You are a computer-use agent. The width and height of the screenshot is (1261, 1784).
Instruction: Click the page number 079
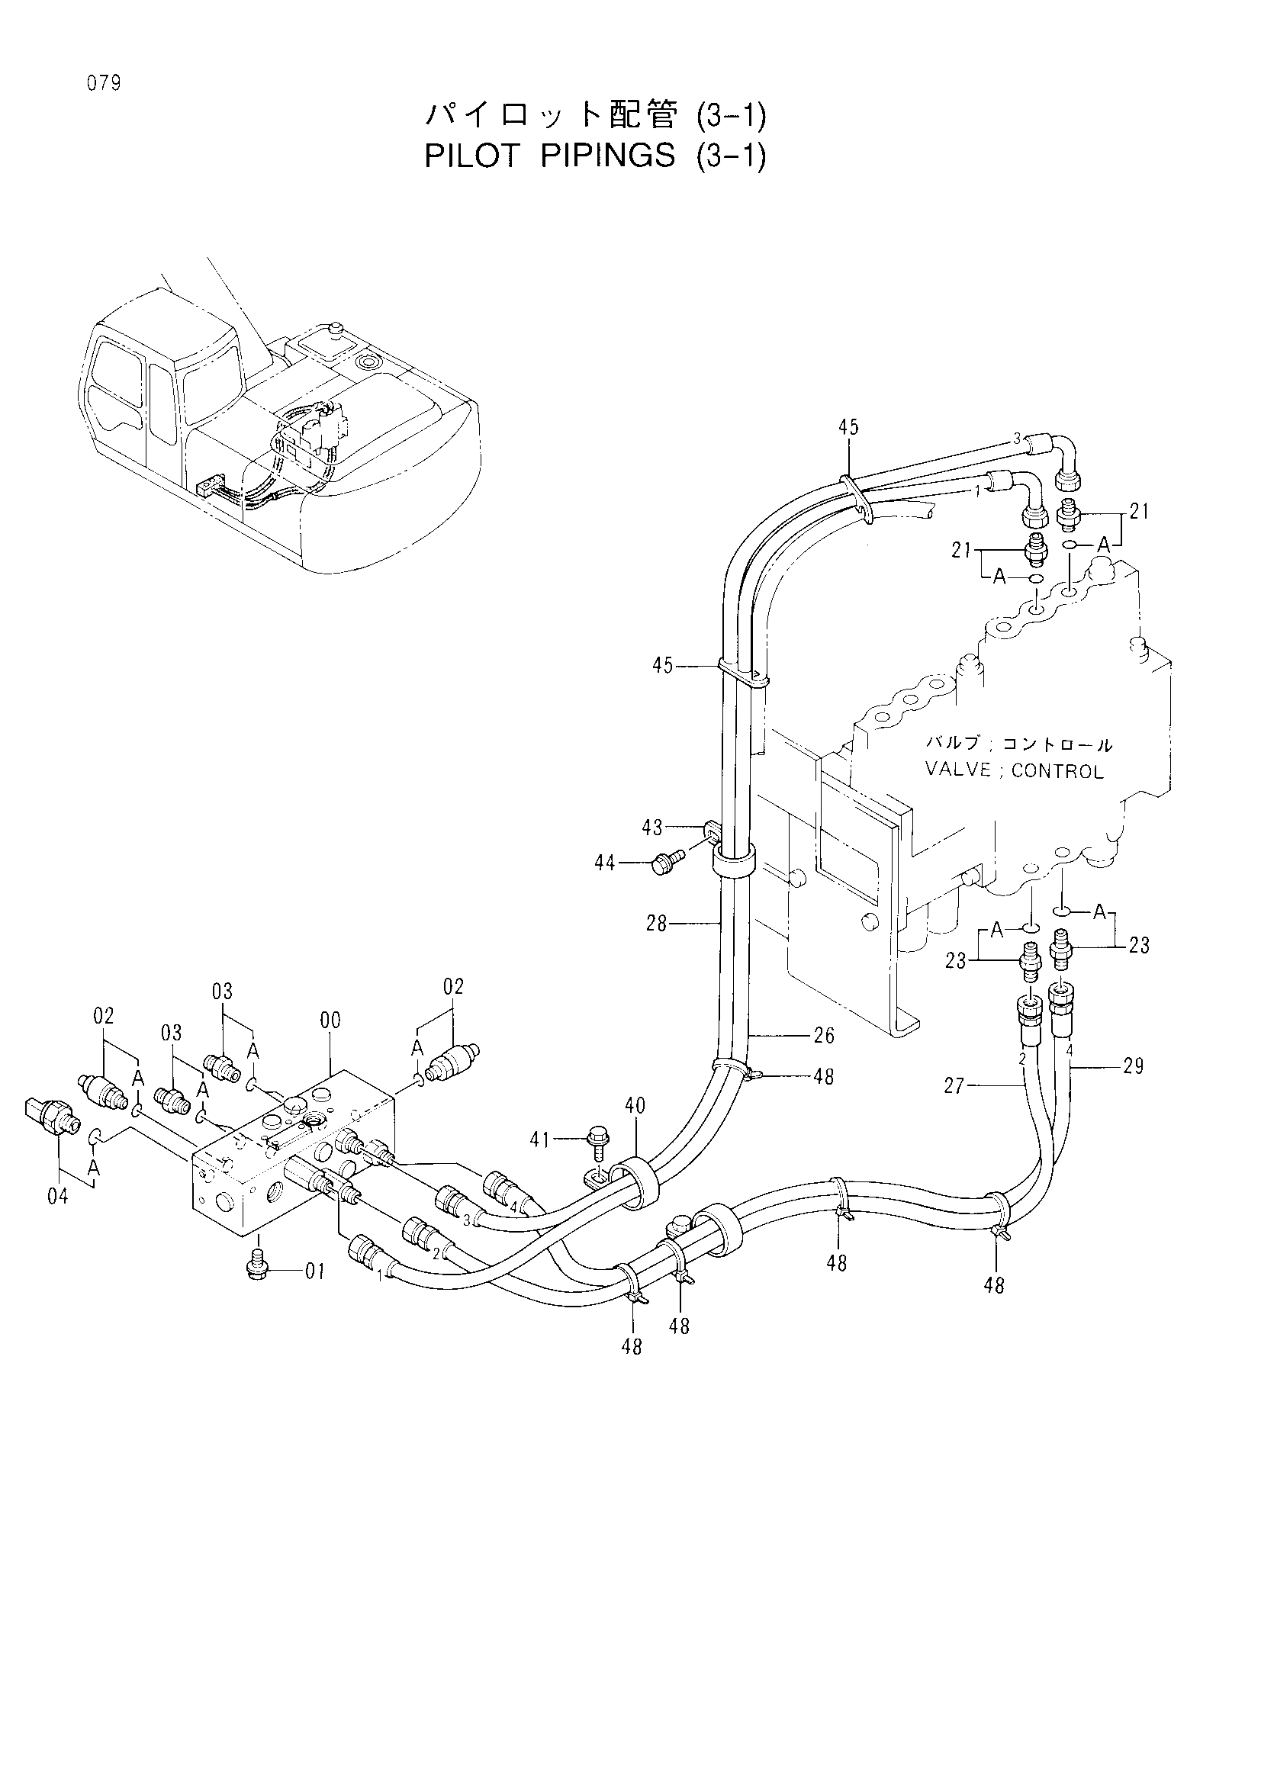[x=104, y=84]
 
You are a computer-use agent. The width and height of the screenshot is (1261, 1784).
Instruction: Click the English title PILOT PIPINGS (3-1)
[x=596, y=156]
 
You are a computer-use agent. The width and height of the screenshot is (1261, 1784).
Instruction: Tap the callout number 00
[x=330, y=1021]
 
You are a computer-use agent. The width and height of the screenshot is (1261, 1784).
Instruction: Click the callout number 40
[x=635, y=1105]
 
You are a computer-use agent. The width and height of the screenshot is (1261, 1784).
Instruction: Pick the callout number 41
[x=539, y=1140]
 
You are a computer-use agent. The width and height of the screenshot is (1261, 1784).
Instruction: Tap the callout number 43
[x=653, y=828]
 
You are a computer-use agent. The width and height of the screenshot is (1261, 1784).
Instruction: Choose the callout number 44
[x=605, y=863]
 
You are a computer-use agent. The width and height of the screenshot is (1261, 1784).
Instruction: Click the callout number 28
[x=658, y=924]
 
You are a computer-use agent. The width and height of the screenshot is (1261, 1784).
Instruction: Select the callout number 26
[x=825, y=1035]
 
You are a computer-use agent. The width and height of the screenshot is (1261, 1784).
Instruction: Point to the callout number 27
[x=955, y=1085]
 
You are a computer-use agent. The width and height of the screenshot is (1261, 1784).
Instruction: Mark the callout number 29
[x=1134, y=1066]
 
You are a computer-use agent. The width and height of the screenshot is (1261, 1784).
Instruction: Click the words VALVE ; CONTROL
[x=1014, y=771]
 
